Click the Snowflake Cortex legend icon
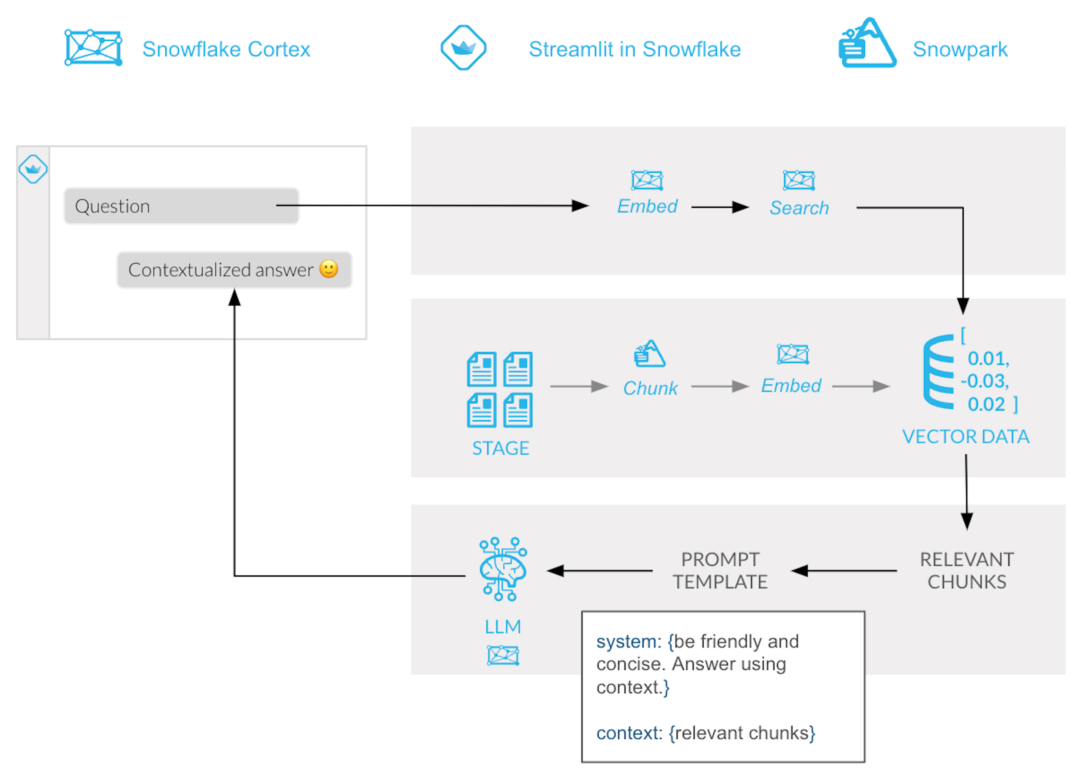(93, 48)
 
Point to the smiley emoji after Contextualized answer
(328, 269)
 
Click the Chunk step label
(650, 388)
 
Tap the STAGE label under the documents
(500, 448)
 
